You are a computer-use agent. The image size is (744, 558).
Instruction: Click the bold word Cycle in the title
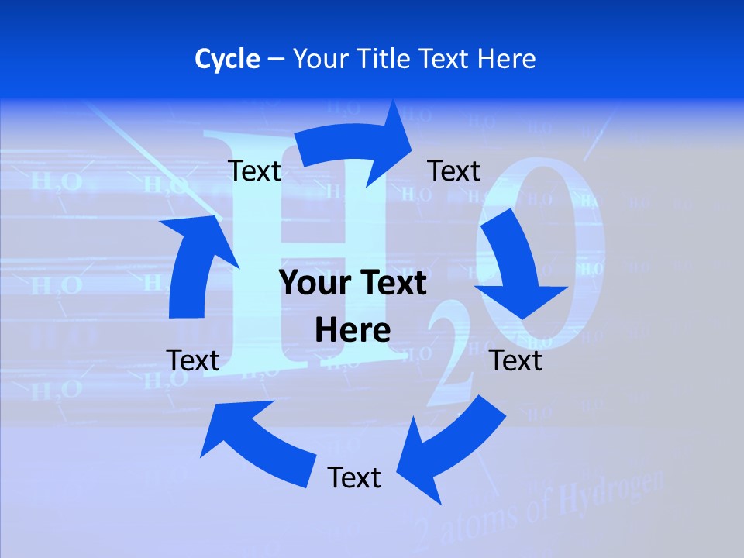click(x=227, y=59)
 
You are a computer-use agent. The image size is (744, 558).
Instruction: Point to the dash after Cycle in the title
click(x=276, y=60)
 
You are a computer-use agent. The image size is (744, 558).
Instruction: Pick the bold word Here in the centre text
click(x=353, y=331)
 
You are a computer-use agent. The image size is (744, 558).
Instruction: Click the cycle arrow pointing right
click(x=356, y=143)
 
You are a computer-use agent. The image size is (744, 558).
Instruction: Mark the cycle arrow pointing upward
click(x=194, y=263)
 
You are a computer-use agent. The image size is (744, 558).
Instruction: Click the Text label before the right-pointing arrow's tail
click(x=254, y=170)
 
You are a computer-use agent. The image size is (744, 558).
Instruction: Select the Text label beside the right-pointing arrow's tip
click(x=454, y=170)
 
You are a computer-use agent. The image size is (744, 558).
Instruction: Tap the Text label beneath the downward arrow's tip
click(x=516, y=360)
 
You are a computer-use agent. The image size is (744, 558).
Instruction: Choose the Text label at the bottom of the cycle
click(x=354, y=477)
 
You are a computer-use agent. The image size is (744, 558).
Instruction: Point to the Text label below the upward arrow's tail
click(x=193, y=360)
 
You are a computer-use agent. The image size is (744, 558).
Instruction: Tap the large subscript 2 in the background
click(x=449, y=364)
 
